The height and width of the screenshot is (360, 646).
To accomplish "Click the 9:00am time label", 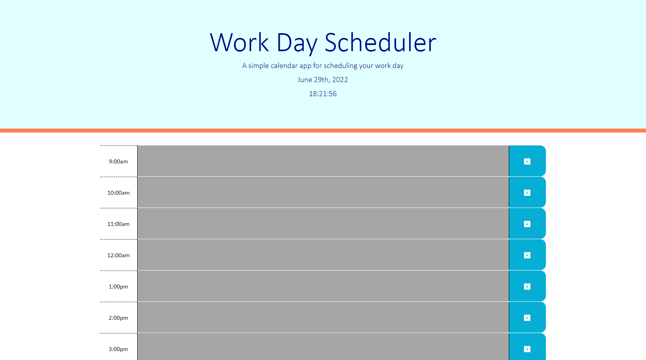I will point(118,161).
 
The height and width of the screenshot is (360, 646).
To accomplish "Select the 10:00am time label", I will point(118,193).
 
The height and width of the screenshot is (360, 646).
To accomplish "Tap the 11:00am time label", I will point(118,224).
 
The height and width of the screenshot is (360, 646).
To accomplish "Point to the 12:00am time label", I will point(118,255).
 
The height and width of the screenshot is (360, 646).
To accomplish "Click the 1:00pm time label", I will point(118,287).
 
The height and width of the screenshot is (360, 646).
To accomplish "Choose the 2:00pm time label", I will point(118,318).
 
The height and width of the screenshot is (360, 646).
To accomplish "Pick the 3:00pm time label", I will point(118,349).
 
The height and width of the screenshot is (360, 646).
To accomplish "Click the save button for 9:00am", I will point(527,161).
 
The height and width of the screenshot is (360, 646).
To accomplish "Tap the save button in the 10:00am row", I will point(527,192).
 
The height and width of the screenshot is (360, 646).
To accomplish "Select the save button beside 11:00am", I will point(527,224).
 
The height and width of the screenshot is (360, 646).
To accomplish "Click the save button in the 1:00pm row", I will point(527,286).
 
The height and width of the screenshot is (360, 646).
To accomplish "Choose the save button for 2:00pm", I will point(527,317).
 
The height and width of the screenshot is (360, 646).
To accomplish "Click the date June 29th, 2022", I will point(323,80).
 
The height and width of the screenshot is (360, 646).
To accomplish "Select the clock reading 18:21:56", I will point(323,94).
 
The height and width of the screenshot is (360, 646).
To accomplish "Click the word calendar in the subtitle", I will point(284,66).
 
